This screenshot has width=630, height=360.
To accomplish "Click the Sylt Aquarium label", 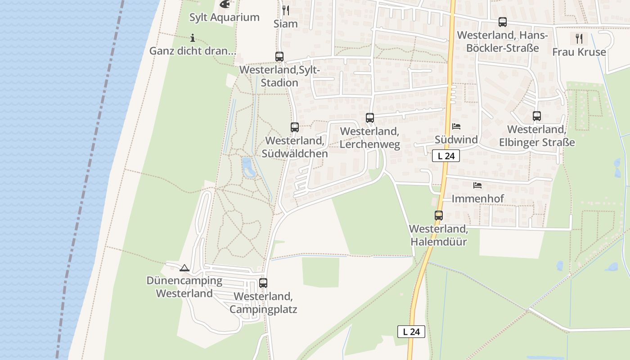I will tap(224, 18).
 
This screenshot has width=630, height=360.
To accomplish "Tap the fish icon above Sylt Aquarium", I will tap(225, 4).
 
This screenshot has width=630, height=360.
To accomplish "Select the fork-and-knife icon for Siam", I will tap(286, 10).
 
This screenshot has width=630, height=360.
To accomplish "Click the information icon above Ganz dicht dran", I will tap(193, 38).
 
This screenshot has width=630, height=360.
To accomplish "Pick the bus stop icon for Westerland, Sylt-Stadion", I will tap(279, 57).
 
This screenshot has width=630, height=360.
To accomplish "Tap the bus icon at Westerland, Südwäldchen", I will tap(295, 127).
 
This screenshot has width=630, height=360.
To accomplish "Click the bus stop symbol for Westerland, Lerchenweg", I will tap(370, 118).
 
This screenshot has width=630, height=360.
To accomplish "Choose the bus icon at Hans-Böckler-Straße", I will tap(503, 22).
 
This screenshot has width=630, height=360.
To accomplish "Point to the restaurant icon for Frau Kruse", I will tap(579, 39).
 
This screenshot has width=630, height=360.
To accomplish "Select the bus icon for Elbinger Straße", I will tap(537, 116).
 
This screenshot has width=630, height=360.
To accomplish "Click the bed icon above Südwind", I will tap(456, 126).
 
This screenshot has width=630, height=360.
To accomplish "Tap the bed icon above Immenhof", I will tap(477, 185).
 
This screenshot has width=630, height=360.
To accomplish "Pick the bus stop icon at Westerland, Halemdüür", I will tap(439, 216).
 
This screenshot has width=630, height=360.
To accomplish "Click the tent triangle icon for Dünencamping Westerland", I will tap(184, 268).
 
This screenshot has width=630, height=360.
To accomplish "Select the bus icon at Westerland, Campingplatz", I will tap(263, 283).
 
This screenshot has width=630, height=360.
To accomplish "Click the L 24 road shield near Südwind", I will tap(446, 156).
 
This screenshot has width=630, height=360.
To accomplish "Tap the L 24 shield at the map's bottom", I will tap(411, 332).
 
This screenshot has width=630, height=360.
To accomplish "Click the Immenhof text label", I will tap(477, 198).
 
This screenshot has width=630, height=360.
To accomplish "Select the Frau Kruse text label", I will tap(579, 52).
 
